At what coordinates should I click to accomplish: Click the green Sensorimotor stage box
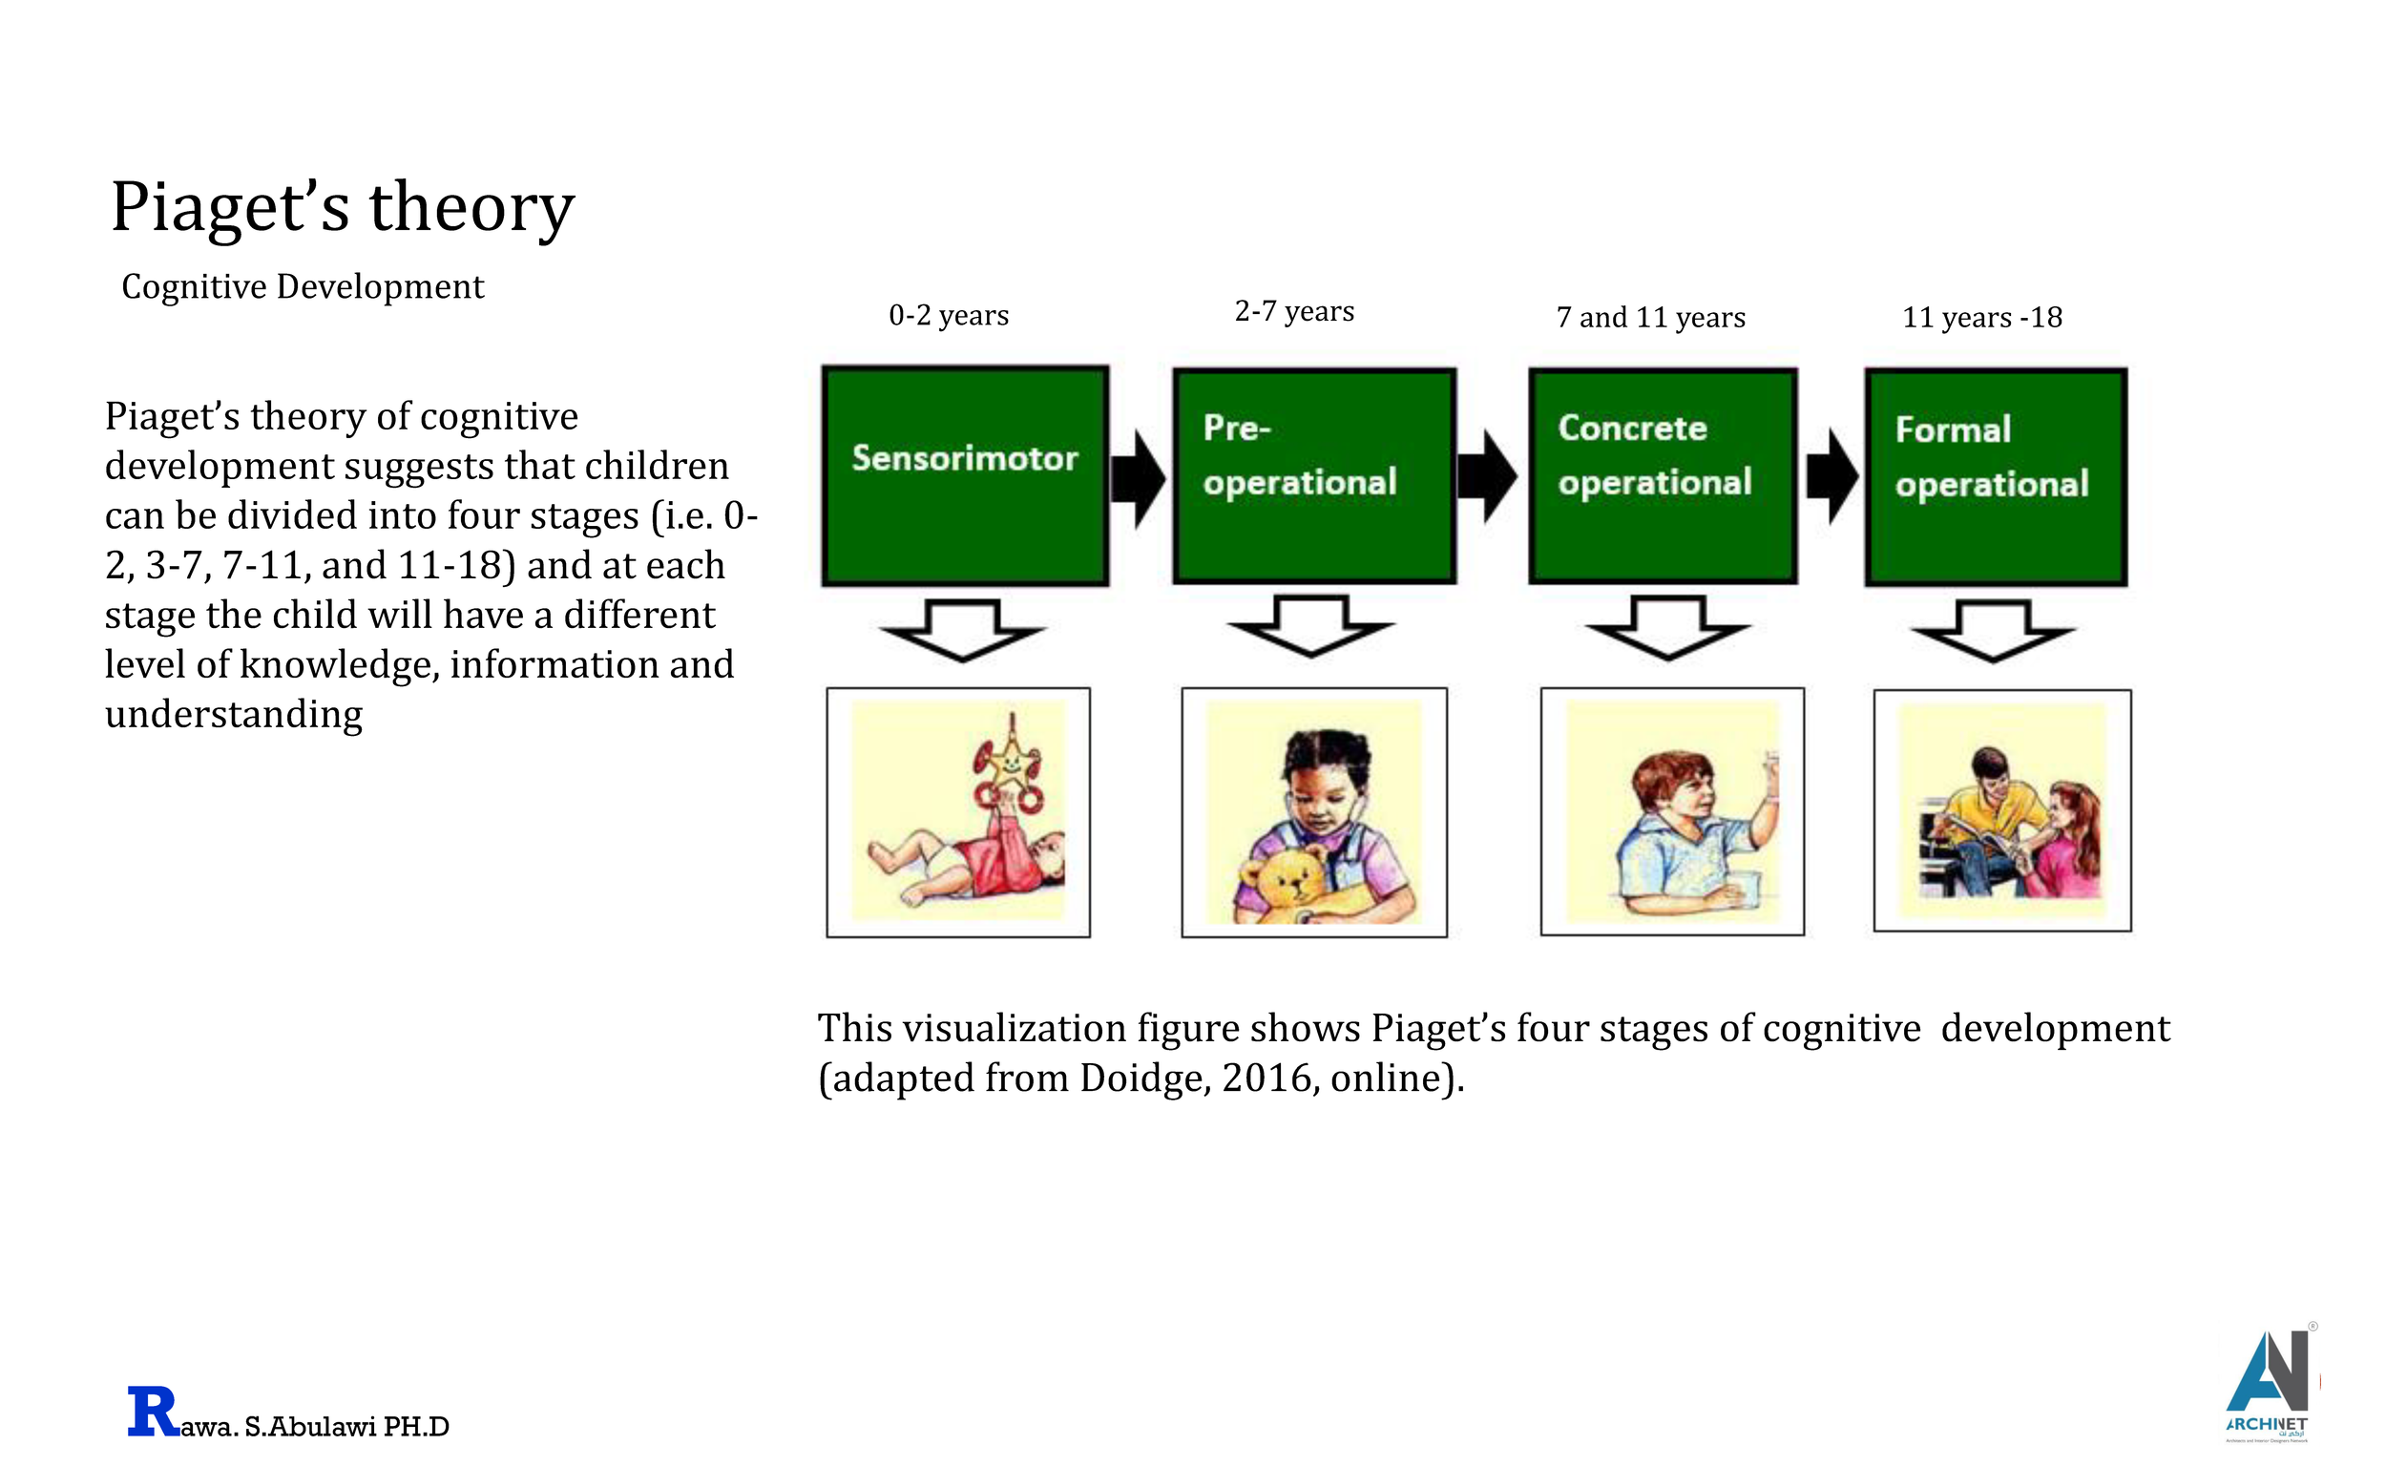tap(964, 475)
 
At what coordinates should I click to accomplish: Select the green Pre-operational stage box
tap(1313, 475)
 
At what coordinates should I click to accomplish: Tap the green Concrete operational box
tap(1662, 475)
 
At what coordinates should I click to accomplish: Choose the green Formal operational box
tap(1996, 476)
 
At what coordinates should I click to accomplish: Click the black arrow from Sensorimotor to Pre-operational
tap(1138, 478)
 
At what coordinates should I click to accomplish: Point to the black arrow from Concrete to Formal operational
tap(1831, 476)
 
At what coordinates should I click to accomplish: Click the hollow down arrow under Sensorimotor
tap(962, 630)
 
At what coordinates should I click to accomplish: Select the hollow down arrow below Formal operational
tap(1992, 631)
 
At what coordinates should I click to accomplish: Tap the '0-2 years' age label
tap(948, 315)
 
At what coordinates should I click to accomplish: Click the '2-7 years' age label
tap(1293, 311)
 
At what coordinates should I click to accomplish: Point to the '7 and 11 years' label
tap(1650, 317)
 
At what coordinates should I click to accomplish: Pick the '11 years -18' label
tap(1981, 317)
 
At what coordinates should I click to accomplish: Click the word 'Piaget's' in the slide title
tap(230, 206)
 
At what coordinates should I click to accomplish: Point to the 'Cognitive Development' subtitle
tap(303, 287)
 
